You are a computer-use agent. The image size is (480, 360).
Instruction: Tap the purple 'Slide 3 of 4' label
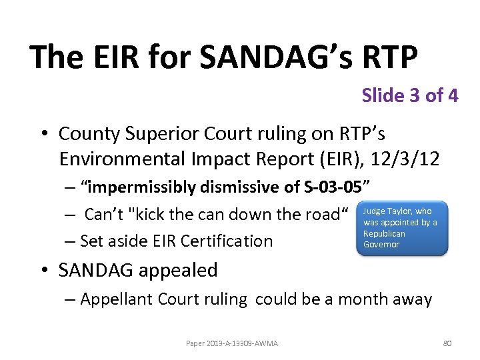click(409, 95)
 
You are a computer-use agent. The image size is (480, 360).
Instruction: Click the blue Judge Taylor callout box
click(403, 228)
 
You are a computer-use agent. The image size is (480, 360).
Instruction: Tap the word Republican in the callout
click(384, 234)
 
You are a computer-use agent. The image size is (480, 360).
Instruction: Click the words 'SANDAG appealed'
click(138, 270)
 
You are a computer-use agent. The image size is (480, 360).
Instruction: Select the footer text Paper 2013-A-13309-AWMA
click(231, 343)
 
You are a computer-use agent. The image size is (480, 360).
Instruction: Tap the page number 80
click(447, 343)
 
